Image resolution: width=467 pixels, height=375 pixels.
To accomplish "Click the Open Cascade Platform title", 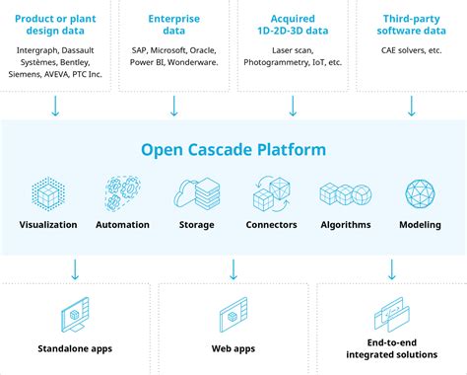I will (233, 151).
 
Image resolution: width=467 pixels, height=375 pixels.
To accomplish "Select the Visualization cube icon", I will (48, 192).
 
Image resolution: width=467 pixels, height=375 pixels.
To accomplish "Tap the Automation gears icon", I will (122, 192).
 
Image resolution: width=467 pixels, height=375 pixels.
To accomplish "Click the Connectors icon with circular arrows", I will (271, 192).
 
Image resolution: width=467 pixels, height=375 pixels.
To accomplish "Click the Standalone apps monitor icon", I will (76, 317).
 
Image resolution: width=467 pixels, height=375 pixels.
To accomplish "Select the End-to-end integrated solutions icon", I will (390, 315).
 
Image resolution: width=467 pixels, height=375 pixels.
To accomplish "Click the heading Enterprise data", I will (173, 25).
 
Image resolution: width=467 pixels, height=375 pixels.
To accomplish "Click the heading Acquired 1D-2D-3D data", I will (292, 25).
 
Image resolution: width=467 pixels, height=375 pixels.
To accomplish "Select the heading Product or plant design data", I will (55, 25).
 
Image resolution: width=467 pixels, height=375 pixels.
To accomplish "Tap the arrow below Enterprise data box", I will (173, 105).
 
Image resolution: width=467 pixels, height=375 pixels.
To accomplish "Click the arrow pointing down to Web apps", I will (233, 268).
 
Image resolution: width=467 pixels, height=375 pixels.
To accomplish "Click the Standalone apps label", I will (76, 348).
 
